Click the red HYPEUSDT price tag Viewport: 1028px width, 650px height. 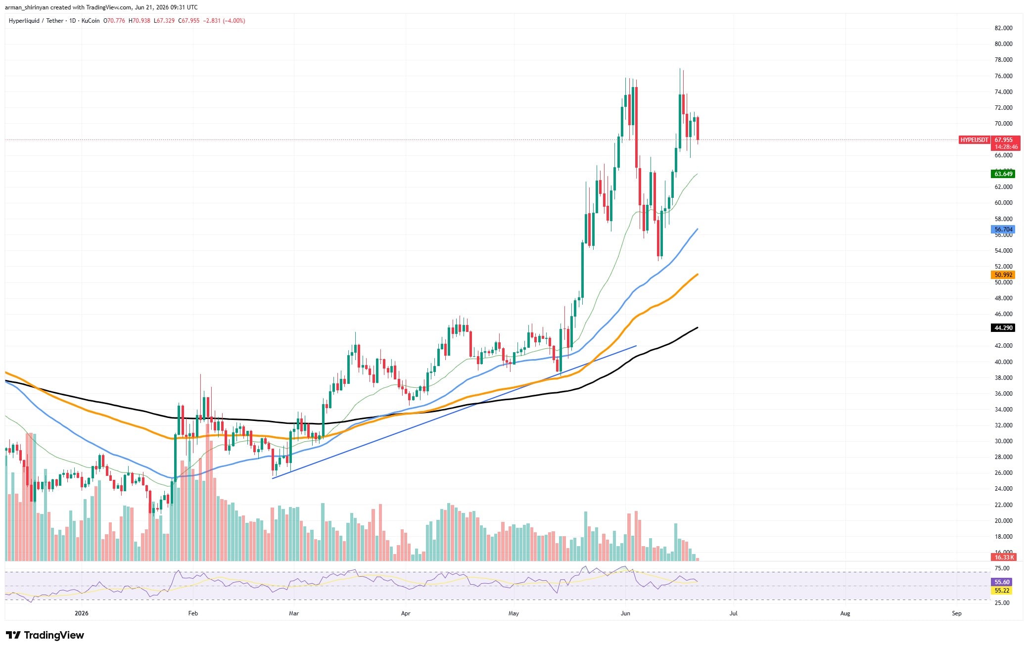[x=974, y=140]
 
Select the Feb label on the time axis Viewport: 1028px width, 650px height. [x=193, y=613]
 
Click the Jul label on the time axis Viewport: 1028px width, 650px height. [x=733, y=613]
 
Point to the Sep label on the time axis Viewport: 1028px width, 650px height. [x=957, y=613]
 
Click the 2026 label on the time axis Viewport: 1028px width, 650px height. [x=81, y=613]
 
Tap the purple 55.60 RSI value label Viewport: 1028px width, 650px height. [x=1002, y=582]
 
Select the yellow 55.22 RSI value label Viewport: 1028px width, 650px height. [x=1002, y=591]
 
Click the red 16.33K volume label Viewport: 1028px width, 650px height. [x=1003, y=557]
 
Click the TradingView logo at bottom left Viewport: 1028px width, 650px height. [x=45, y=635]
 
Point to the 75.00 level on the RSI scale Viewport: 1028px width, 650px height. [x=1002, y=568]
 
